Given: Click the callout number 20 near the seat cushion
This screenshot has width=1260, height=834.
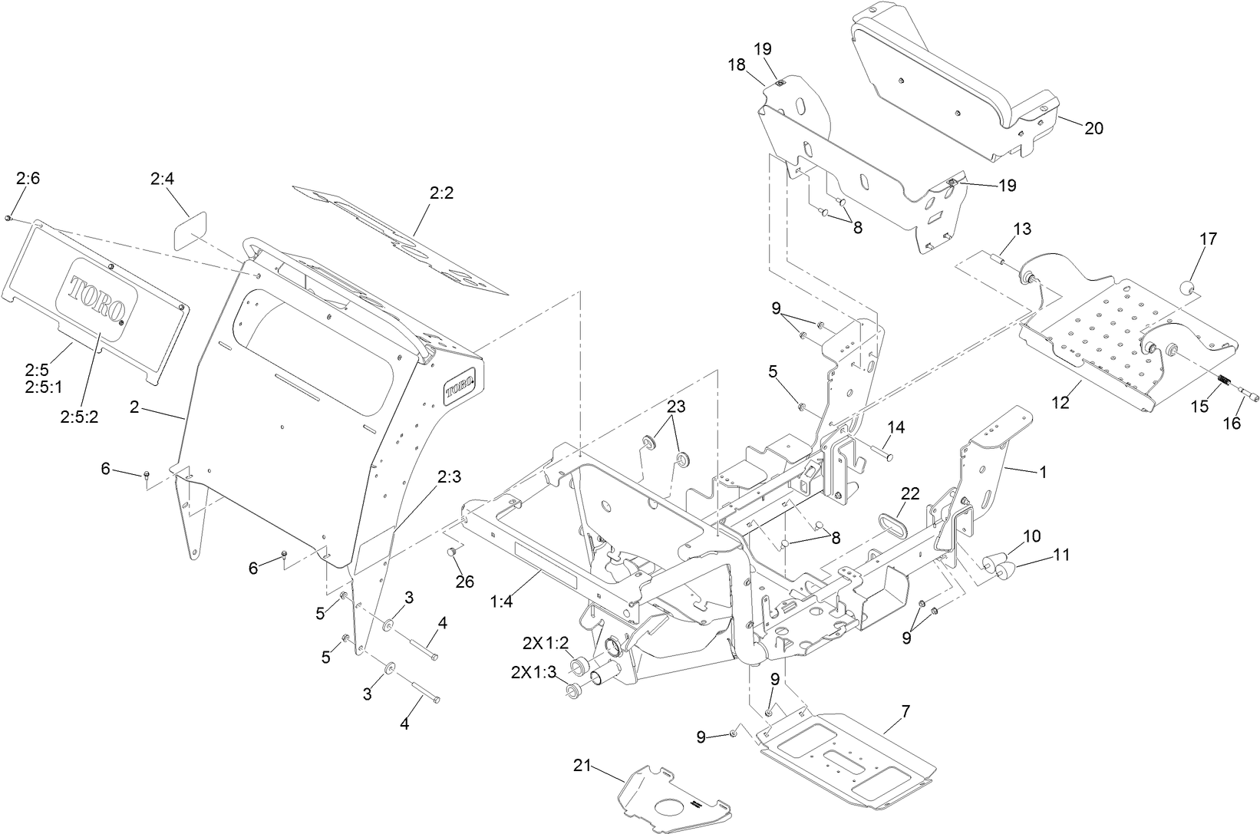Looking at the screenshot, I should (1093, 128).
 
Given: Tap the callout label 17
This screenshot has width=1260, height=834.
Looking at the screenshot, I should (1208, 239).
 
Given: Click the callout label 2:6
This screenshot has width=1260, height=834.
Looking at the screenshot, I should (28, 178).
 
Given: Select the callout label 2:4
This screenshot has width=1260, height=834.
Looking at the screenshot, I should (162, 179).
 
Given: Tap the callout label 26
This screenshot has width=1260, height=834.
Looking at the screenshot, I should (464, 582).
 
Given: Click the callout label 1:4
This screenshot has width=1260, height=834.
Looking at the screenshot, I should (501, 603).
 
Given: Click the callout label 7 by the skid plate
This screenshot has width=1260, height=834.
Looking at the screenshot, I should (905, 710).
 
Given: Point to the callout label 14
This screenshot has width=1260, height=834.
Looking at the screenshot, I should (897, 427).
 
